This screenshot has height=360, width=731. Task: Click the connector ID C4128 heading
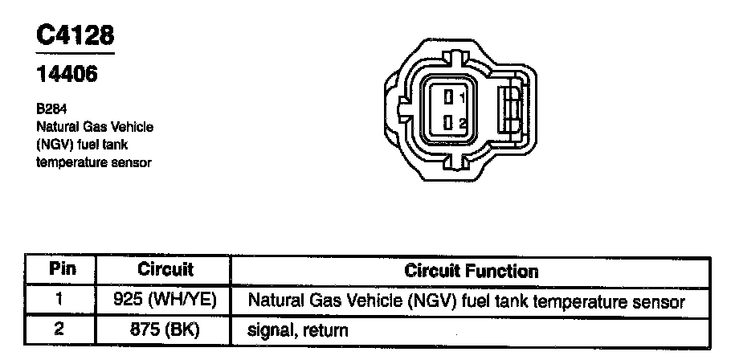pyautogui.click(x=75, y=35)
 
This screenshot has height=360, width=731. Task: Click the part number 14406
pyautogui.click(x=67, y=75)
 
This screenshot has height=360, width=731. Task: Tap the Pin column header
pyautogui.click(x=62, y=270)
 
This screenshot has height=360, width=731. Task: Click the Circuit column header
pyautogui.click(x=165, y=270)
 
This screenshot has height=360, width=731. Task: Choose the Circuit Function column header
pyautogui.click(x=471, y=270)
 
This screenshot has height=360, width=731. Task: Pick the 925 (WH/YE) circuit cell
pyautogui.click(x=165, y=301)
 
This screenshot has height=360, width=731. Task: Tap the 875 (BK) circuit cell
pyautogui.click(x=165, y=329)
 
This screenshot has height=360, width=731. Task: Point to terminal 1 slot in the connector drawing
pyautogui.click(x=448, y=97)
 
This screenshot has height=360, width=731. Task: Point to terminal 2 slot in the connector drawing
pyautogui.click(x=448, y=123)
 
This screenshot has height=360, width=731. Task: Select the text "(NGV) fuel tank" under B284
pyautogui.click(x=83, y=145)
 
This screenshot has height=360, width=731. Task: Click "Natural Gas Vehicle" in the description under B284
pyautogui.click(x=95, y=128)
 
